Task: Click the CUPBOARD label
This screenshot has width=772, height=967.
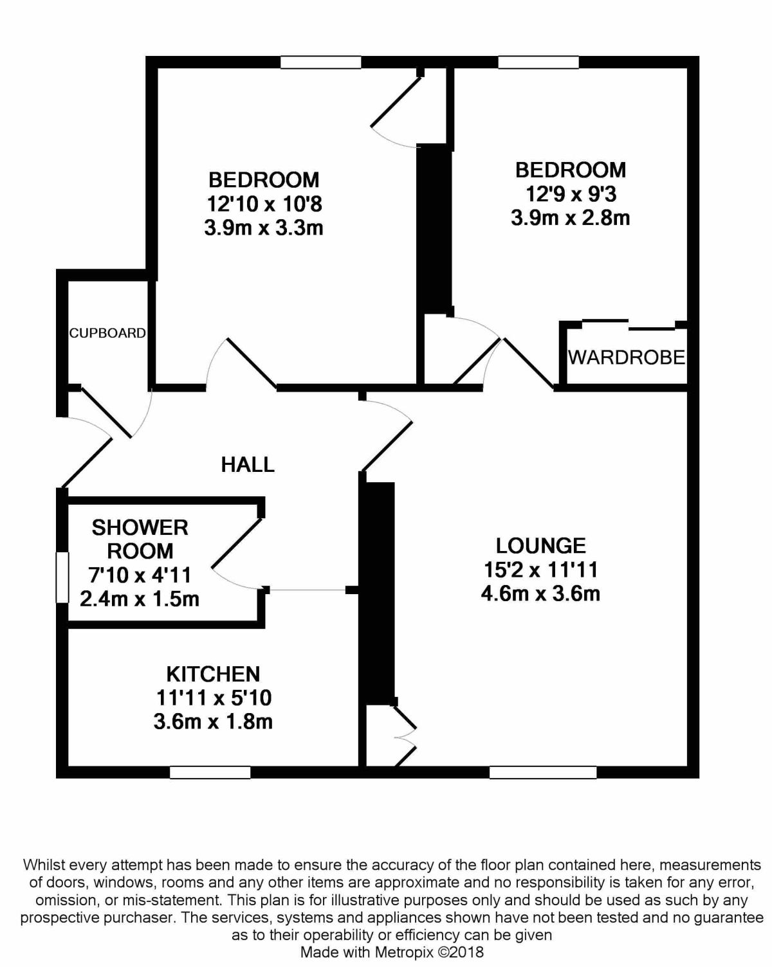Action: click(107, 333)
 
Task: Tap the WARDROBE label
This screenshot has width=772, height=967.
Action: click(627, 357)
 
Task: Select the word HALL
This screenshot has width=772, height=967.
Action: click(248, 465)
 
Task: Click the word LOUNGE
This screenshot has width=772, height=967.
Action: click(541, 546)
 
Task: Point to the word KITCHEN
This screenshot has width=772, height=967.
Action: click(213, 674)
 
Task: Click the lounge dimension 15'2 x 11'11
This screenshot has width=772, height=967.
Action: click(541, 570)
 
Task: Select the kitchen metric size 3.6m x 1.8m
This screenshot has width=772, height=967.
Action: click(213, 722)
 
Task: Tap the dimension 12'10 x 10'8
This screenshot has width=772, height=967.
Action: click(264, 204)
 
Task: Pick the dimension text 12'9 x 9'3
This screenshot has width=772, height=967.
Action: click(571, 195)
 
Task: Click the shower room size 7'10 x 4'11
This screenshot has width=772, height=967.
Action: click(140, 575)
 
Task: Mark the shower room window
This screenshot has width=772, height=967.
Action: click(62, 577)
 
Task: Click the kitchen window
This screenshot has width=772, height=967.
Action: click(210, 772)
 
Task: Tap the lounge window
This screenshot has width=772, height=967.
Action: click(543, 772)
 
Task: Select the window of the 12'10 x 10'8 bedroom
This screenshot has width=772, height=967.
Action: click(321, 62)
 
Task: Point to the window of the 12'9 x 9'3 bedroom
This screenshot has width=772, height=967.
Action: click(538, 62)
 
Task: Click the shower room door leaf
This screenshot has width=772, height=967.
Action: click(237, 543)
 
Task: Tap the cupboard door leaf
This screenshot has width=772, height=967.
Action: click(106, 412)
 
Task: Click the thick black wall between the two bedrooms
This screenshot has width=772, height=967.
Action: click(434, 228)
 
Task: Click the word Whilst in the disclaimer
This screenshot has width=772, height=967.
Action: click(42, 865)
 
